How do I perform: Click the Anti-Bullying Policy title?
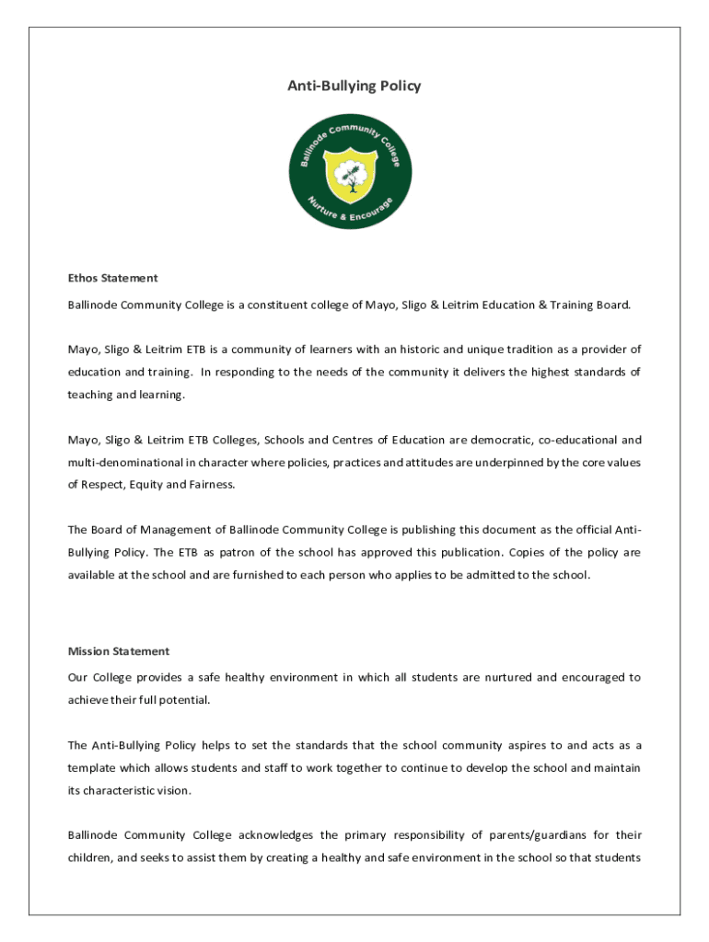coord(354,86)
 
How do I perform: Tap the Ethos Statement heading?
coord(112,278)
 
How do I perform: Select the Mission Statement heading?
coord(119,651)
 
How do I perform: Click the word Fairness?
coord(213,484)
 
